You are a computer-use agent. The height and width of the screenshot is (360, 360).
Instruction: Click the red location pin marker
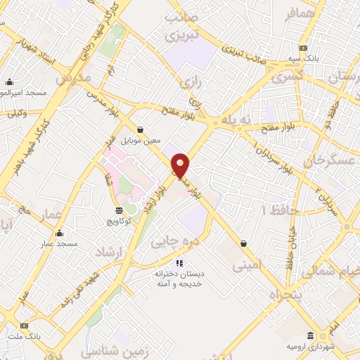pos(181,165)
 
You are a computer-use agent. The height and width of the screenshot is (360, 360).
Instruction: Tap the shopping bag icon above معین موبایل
pos(141,129)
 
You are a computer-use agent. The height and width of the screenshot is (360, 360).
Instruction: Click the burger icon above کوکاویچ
pos(118,210)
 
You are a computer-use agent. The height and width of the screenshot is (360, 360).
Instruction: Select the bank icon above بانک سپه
pos(303,47)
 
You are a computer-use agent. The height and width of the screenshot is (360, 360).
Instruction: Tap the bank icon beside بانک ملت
pos(25,326)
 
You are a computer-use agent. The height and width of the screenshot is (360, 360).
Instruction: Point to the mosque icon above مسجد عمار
pos(59,233)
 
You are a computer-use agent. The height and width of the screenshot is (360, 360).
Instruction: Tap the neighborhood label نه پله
pos(235,120)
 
